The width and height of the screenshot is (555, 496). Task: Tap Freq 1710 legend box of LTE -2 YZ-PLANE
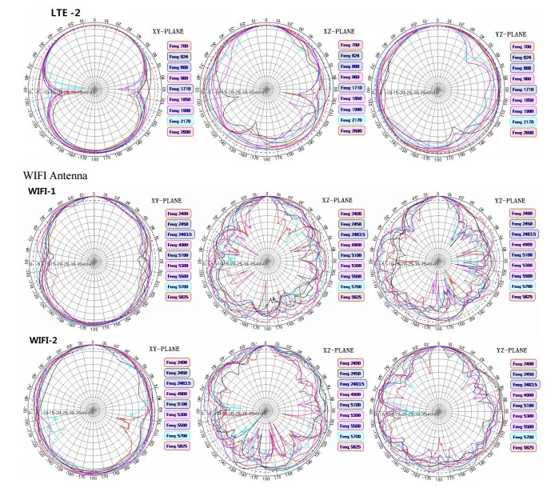523,90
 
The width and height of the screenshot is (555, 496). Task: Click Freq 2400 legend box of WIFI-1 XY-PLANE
178,214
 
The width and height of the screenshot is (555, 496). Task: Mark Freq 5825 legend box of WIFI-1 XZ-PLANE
350,297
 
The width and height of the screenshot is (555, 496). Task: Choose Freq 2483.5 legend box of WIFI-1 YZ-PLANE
524,234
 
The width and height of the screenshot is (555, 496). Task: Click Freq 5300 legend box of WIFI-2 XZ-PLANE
350,416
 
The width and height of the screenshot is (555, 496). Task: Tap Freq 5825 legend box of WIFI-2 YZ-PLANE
523,447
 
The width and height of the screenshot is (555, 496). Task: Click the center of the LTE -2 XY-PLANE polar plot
95,90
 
